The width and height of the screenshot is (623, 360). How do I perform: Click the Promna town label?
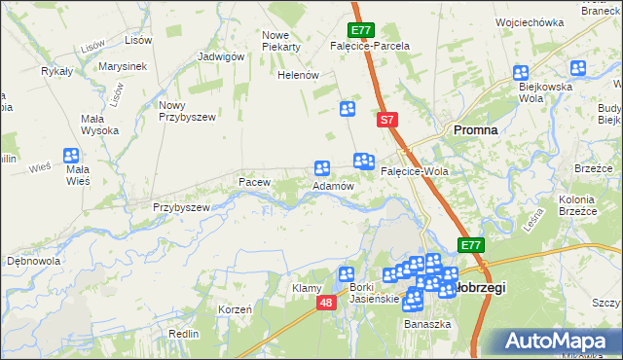475,129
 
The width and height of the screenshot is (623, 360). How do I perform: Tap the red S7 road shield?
387,120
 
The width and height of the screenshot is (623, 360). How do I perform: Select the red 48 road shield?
326,305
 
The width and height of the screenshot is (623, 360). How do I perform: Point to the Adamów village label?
332,185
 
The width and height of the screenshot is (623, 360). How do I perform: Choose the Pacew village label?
254,182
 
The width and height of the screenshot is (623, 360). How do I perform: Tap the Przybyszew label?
181,207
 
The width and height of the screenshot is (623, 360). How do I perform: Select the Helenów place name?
299,75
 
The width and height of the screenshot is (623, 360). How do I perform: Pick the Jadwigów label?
220,56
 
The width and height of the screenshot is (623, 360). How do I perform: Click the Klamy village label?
307,289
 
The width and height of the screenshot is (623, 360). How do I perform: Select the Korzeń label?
236,308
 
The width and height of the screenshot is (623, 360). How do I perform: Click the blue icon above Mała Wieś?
71,156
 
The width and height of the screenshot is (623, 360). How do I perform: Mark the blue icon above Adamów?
322,168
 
